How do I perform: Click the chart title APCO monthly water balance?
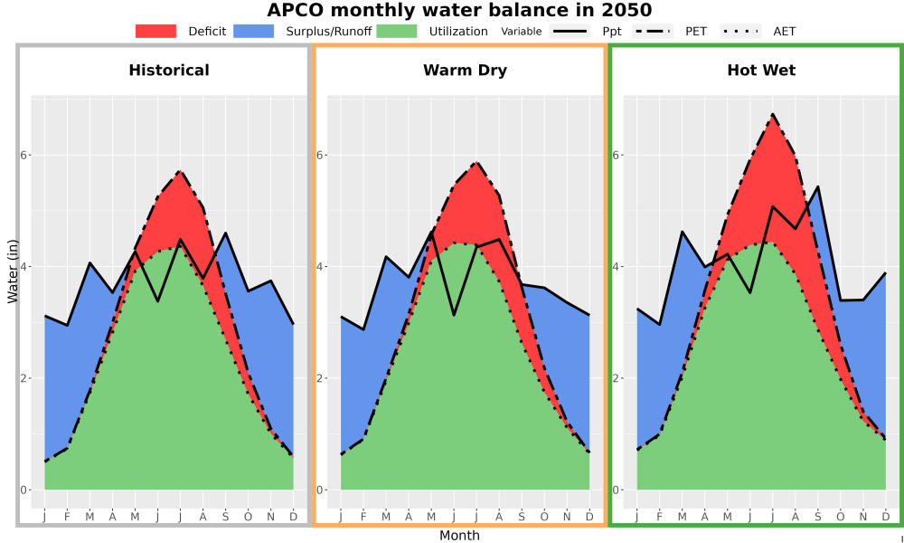point(459,10)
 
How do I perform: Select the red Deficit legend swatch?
point(155,31)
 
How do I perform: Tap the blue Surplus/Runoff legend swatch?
point(254,31)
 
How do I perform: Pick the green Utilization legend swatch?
point(397,31)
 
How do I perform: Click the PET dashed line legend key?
point(652,31)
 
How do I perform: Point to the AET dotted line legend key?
point(740,31)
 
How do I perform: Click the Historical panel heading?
point(169,71)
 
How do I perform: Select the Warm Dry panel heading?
point(466,71)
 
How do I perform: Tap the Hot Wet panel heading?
point(761,71)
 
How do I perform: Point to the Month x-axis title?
point(459,536)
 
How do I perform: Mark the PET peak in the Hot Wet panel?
point(772,114)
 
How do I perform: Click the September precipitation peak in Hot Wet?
point(817,186)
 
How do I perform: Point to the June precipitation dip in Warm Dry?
point(455,315)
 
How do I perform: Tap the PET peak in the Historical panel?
point(180,171)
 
